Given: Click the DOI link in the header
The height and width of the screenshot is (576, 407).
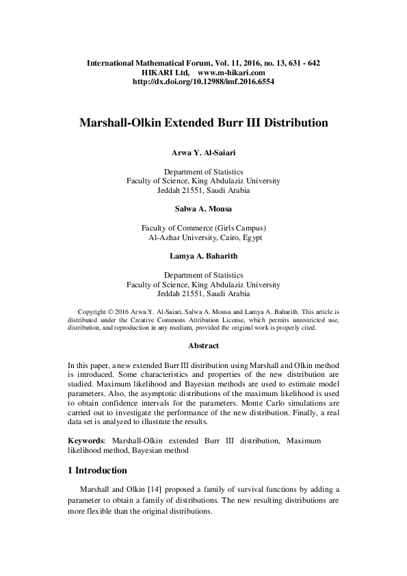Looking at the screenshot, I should pos(203,81).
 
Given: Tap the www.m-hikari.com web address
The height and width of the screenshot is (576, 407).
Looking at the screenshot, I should pos(231,72).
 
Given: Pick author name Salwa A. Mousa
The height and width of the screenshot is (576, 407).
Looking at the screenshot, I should pos(203,209).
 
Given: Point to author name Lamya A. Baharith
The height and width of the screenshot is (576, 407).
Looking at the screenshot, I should pos(203,257).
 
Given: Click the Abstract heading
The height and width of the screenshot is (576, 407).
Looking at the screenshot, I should pos(203,346).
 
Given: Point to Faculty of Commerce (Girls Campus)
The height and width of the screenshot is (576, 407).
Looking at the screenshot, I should pos(203,228).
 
